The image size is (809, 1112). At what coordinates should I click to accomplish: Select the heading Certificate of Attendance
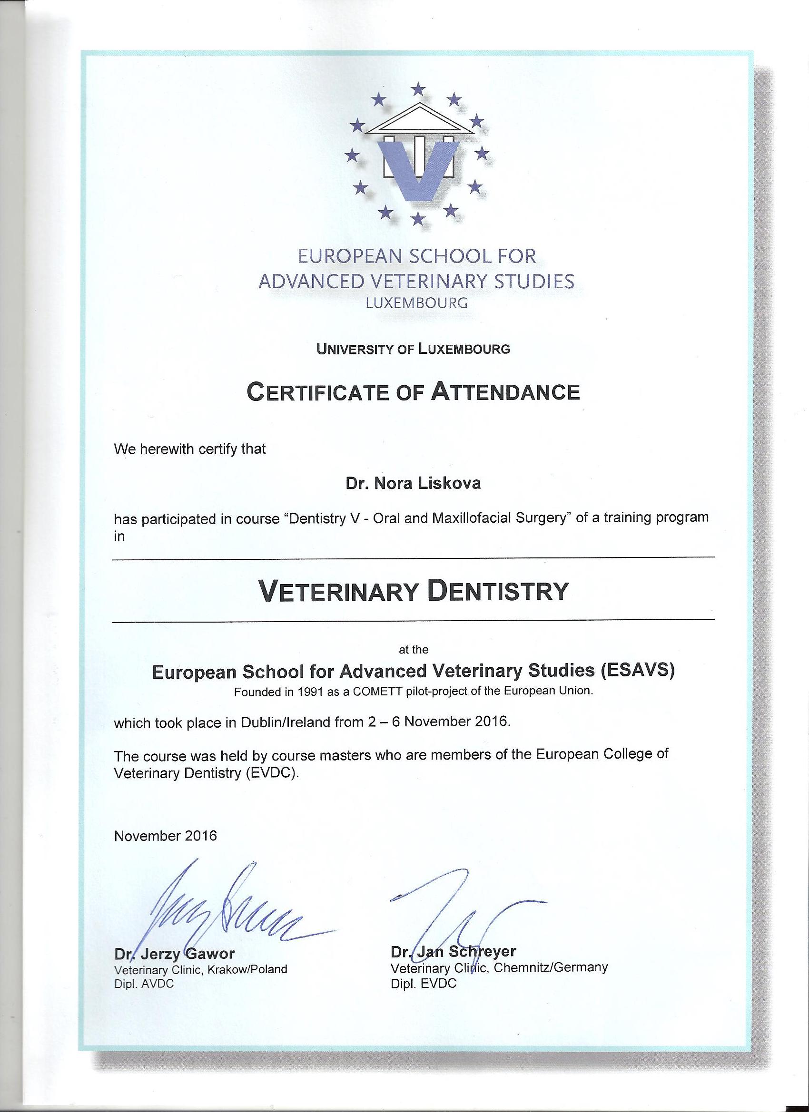pyautogui.click(x=413, y=392)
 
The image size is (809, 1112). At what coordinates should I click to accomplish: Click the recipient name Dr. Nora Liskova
pyautogui.click(x=413, y=483)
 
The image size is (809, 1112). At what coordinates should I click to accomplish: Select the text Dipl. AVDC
pyautogui.click(x=144, y=984)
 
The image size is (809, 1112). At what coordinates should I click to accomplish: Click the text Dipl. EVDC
pyautogui.click(x=424, y=983)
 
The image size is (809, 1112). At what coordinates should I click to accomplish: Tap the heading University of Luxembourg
pyautogui.click(x=413, y=349)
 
